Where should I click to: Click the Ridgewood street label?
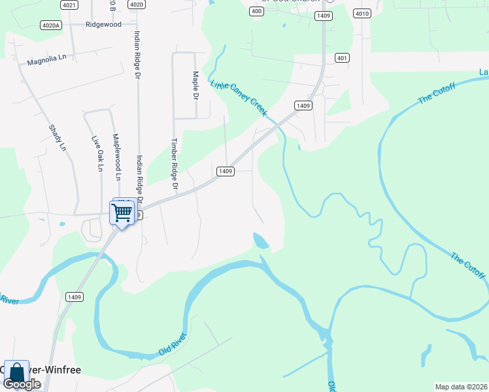pyautogui.click(x=103, y=24)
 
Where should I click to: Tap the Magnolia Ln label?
pyautogui.click(x=47, y=60)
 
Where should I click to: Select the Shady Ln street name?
pyautogui.click(x=58, y=138)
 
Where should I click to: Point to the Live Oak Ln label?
pyautogui.click(x=97, y=154)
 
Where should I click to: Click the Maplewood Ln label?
pyautogui.click(x=116, y=157)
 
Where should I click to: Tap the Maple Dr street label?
pyautogui.click(x=194, y=85)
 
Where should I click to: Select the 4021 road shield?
pyautogui.click(x=69, y=5)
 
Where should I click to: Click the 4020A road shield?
pyautogui.click(x=50, y=25)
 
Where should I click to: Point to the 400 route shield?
pyautogui.click(x=256, y=11)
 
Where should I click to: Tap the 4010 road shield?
pyautogui.click(x=362, y=13)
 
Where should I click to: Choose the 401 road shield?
pyautogui.click(x=341, y=58)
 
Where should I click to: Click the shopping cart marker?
pyautogui.click(x=122, y=212)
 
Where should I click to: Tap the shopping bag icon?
pyautogui.click(x=16, y=373)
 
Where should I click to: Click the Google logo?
pyautogui.click(x=22, y=384)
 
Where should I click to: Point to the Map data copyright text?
pyautogui.click(x=460, y=387)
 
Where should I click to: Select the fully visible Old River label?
pyautogui.click(x=173, y=344)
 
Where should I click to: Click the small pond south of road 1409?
pyautogui.click(x=260, y=240)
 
